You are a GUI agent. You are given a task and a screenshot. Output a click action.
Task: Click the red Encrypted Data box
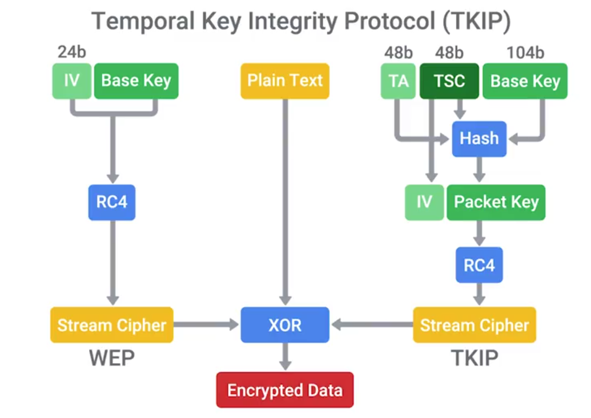284,390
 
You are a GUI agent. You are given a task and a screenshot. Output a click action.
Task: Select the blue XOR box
284,325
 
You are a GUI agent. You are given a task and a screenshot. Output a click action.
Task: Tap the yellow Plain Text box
284,81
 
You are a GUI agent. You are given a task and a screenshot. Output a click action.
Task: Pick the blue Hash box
479,139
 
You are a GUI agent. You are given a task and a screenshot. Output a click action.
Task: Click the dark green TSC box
449,81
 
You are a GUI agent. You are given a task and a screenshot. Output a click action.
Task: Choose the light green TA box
399,81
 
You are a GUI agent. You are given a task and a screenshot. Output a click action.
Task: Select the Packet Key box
496,202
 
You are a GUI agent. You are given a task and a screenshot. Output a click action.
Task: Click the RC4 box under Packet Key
479,265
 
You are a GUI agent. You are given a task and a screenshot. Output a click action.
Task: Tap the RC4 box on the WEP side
112,202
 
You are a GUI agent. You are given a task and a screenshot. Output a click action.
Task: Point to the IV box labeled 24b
71,81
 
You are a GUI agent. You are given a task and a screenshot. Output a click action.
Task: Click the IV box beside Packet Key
424,202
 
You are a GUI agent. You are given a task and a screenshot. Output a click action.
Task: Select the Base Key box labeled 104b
525,81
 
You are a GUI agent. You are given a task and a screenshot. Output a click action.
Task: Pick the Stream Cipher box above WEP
112,325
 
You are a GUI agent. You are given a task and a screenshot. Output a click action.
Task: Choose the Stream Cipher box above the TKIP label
475,325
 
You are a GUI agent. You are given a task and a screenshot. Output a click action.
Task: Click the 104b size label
525,53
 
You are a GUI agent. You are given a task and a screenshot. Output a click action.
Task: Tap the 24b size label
72,53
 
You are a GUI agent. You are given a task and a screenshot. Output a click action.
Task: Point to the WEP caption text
112,358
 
